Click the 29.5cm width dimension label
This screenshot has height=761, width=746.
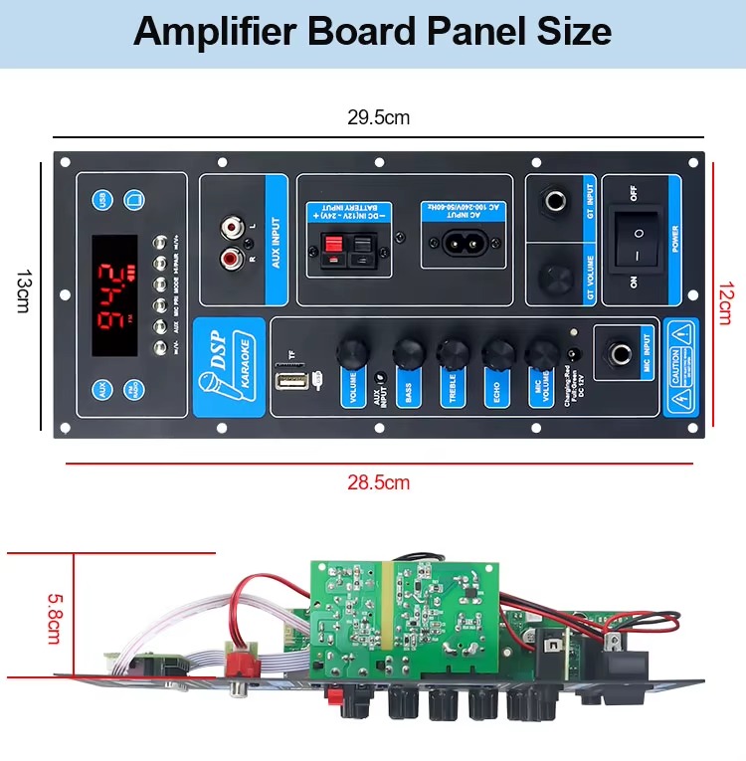coord(378,117)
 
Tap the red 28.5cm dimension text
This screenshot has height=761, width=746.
coord(378,482)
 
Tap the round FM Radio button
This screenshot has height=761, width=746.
coord(133,390)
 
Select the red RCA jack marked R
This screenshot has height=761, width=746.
coord(232,260)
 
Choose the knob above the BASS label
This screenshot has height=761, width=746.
coord(408,352)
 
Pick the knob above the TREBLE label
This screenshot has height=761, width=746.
coord(454,352)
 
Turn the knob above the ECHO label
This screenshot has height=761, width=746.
coord(497,352)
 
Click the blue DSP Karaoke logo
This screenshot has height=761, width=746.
coord(229,366)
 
